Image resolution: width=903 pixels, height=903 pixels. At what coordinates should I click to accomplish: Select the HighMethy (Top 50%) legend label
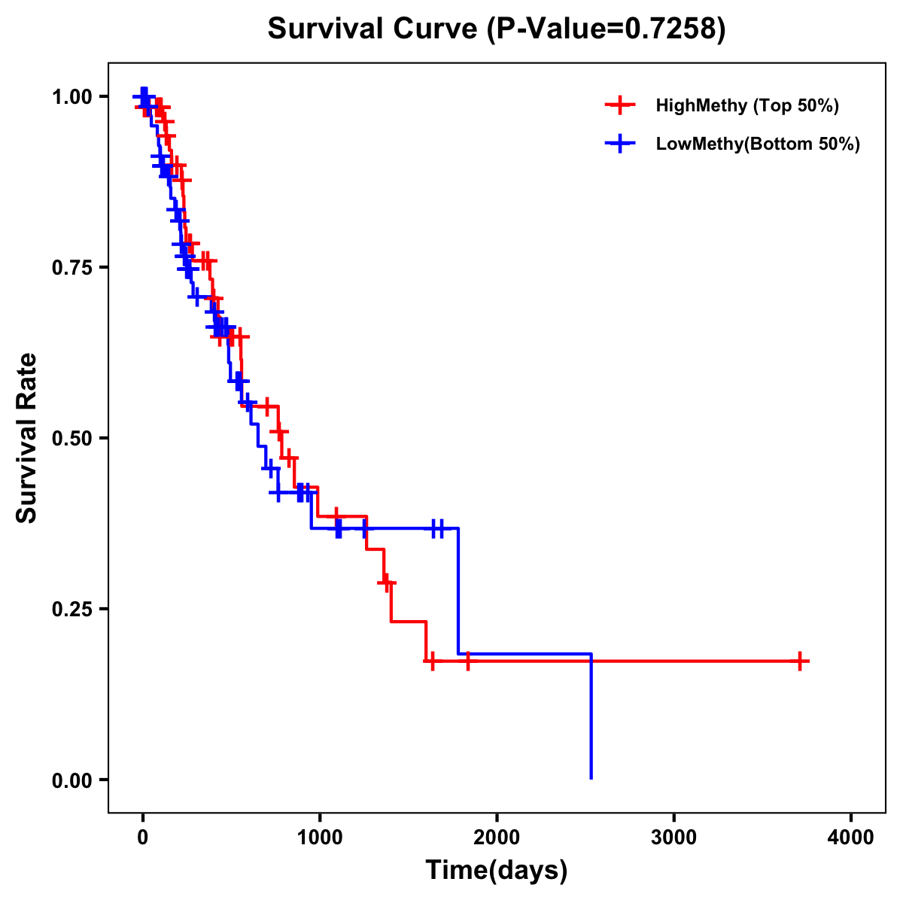tap(746, 105)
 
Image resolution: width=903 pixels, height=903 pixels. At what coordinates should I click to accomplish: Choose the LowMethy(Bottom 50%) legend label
tap(757, 144)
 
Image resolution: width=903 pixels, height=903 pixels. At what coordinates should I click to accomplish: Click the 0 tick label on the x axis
tap(142, 838)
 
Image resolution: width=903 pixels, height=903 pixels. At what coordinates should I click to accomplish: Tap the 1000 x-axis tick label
tap(319, 838)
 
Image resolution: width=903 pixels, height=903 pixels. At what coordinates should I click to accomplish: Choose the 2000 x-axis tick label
tap(497, 838)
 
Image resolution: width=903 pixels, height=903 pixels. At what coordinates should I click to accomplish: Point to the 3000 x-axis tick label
tap(673, 838)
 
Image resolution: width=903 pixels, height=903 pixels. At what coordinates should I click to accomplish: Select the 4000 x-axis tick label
tap(851, 838)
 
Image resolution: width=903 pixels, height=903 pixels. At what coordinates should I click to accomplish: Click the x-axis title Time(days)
tap(497, 871)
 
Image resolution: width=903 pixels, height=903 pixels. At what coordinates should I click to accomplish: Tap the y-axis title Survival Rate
tap(27, 438)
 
